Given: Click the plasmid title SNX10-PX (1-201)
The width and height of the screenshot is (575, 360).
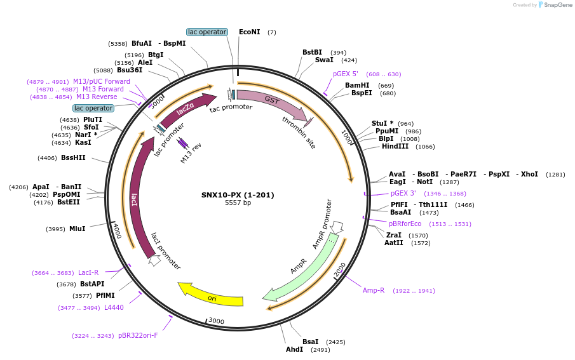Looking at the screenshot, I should (238, 195).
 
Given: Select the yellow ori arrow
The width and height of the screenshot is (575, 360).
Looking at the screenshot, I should (212, 294).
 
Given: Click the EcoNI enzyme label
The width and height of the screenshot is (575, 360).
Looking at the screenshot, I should (250, 32).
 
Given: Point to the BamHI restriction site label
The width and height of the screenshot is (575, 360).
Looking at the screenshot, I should (357, 85).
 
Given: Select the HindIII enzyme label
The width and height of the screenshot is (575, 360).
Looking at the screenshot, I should (395, 146).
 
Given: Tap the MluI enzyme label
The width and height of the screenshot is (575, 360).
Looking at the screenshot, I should (78, 229).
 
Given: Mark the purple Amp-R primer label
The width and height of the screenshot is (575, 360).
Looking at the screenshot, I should (374, 290).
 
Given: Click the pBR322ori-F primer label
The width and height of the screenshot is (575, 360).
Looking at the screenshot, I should (138, 335).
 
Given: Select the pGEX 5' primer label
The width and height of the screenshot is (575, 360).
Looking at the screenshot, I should (346, 74).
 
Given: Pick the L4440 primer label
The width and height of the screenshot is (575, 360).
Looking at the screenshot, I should (114, 307).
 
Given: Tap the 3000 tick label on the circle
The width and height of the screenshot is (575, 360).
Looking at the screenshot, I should (217, 321).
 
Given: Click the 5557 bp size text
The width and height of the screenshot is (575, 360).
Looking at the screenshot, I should (238, 203).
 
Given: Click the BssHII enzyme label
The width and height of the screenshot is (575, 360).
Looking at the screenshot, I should (74, 157).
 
